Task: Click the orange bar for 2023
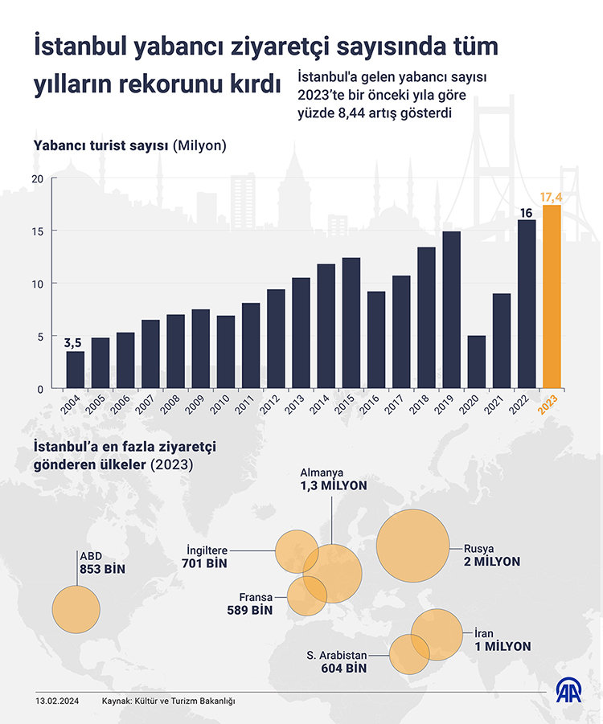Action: coord(552,297)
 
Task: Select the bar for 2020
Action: coord(476,362)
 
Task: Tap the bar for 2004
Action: coord(75,370)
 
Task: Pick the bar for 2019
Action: coord(451,309)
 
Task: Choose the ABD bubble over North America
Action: coord(76,607)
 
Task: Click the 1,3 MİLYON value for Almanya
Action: coord(333,486)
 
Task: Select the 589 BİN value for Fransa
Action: coord(250,611)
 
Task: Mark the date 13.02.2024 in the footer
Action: coord(56,702)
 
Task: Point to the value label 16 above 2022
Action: coord(527,212)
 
